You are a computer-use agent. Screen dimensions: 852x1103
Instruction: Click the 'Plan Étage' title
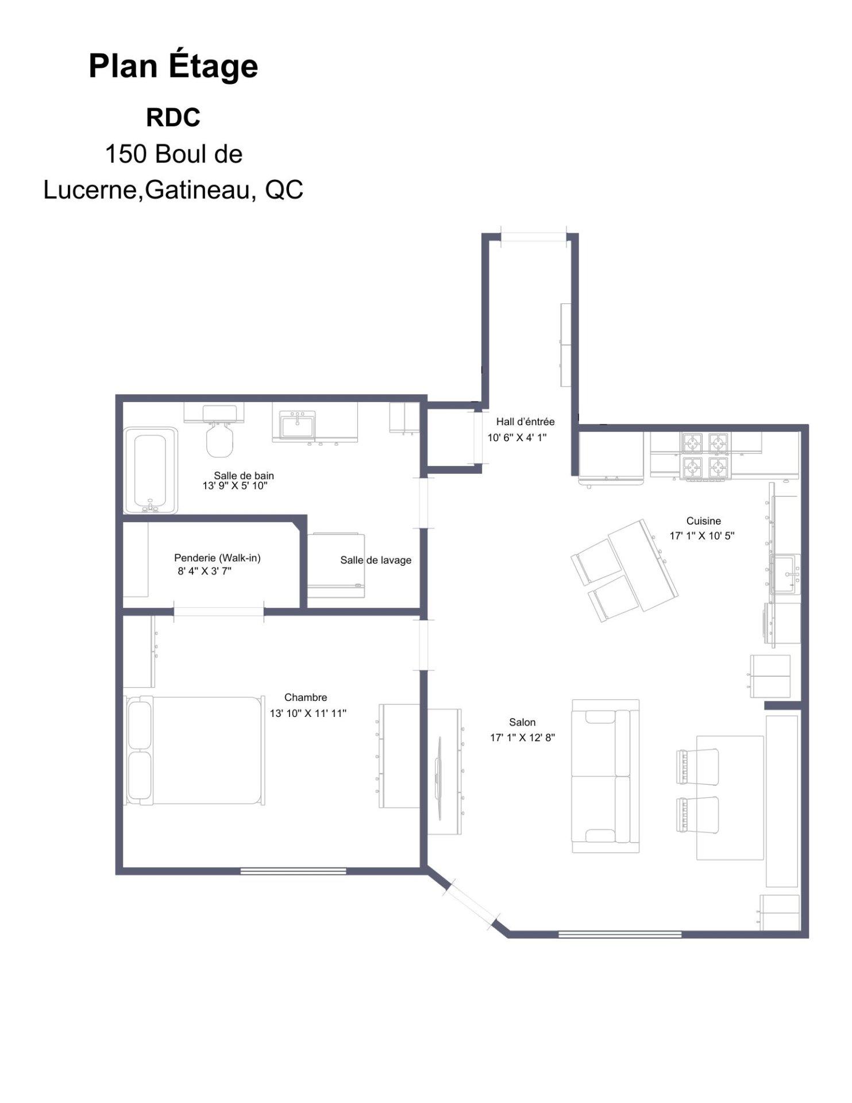tap(174, 67)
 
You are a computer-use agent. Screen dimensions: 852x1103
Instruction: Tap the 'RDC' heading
tap(173, 118)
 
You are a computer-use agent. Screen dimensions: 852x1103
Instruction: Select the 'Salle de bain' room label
tap(244, 476)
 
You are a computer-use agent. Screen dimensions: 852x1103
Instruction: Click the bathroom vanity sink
tap(298, 425)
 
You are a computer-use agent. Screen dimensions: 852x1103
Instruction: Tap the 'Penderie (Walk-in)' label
tap(217, 558)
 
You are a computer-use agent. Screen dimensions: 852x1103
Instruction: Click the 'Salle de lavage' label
tap(376, 560)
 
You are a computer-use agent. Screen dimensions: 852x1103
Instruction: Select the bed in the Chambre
tap(194, 750)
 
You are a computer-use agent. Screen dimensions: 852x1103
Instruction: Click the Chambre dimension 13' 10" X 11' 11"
tap(308, 714)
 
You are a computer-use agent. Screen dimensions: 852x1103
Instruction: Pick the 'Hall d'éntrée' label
tap(525, 422)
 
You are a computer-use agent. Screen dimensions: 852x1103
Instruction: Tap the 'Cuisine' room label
tap(703, 521)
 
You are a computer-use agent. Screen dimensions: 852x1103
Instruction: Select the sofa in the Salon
tap(606, 776)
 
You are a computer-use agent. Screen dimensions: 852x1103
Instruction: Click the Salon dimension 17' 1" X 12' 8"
tap(522, 738)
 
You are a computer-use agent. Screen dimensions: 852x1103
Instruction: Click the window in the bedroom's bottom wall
tap(293, 871)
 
